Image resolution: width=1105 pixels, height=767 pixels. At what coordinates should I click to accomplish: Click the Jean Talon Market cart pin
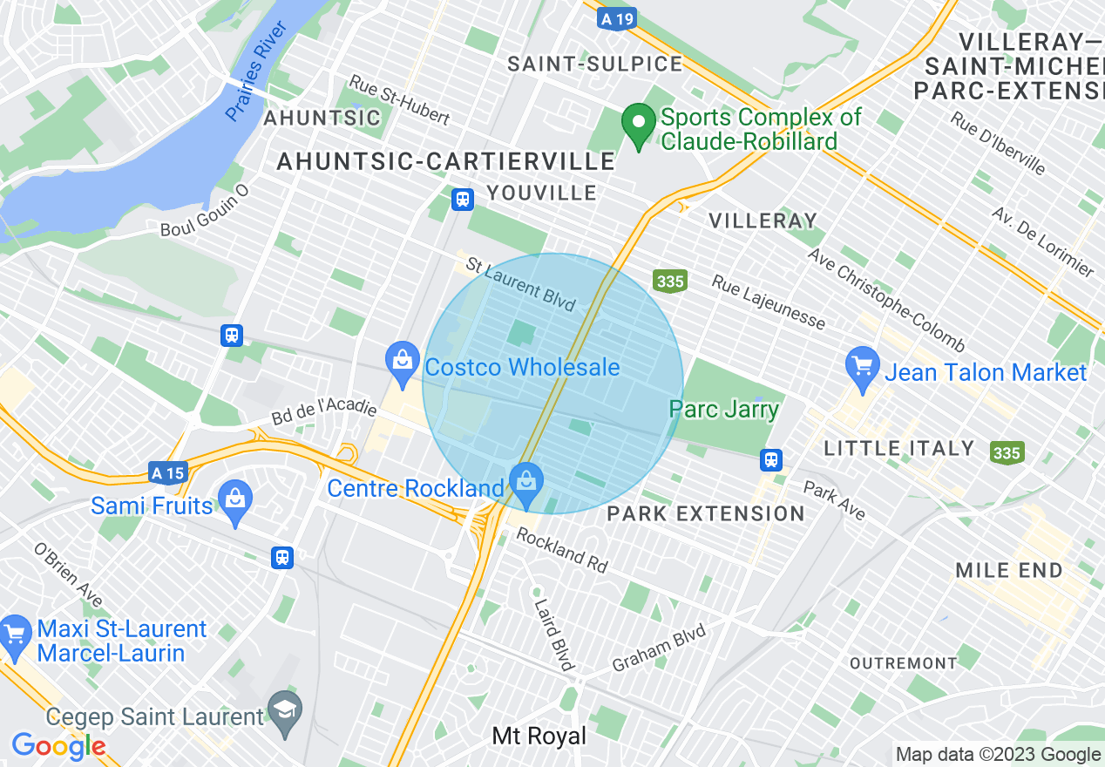click(x=863, y=367)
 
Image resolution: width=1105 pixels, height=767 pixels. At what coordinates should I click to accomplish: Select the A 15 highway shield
click(x=166, y=472)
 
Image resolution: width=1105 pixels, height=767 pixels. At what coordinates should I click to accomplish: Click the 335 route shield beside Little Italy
click(x=1006, y=452)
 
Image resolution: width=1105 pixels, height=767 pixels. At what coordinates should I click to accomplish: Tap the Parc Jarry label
click(x=723, y=409)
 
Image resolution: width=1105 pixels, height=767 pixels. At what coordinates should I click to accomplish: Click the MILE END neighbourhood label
click(x=1009, y=571)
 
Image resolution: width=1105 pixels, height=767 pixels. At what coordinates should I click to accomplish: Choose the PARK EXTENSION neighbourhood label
click(x=706, y=513)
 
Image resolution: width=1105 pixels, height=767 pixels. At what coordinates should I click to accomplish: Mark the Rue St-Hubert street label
click(x=399, y=99)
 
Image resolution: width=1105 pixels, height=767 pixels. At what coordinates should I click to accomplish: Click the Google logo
click(x=58, y=746)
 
